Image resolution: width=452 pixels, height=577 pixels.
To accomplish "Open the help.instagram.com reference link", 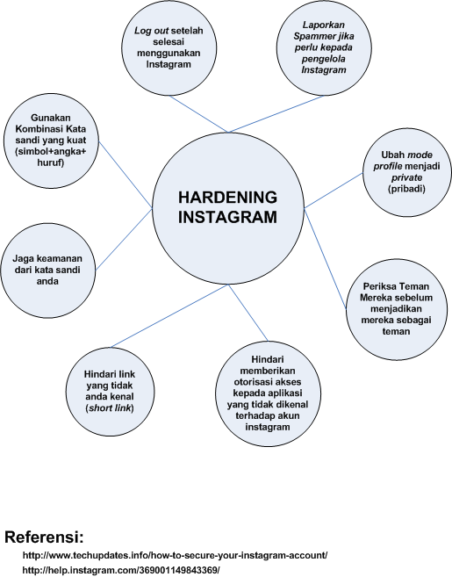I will (x=120, y=570).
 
